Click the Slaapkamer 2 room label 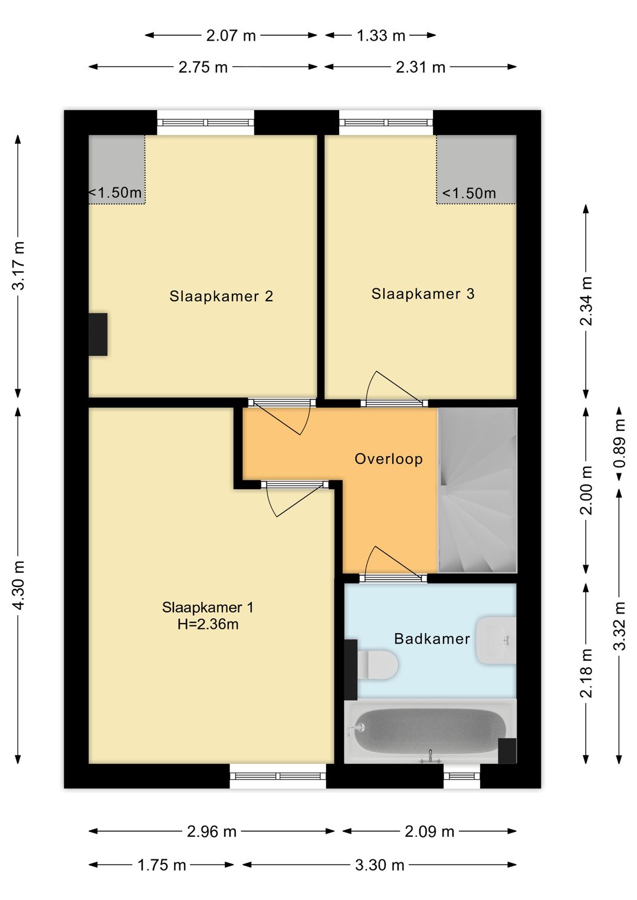(x=221, y=296)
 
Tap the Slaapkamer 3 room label (x=423, y=294)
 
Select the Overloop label (x=389, y=459)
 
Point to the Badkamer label (x=432, y=639)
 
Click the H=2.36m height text (x=208, y=624)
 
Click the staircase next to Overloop (x=477, y=490)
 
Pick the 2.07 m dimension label (x=231, y=36)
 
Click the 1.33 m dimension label (x=381, y=36)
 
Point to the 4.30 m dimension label (x=18, y=585)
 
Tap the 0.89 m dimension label (x=620, y=443)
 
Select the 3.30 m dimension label (x=380, y=865)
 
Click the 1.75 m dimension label (x=162, y=865)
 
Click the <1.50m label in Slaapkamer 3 (x=469, y=194)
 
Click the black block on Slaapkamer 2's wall (x=98, y=334)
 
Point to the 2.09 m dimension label (x=429, y=831)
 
